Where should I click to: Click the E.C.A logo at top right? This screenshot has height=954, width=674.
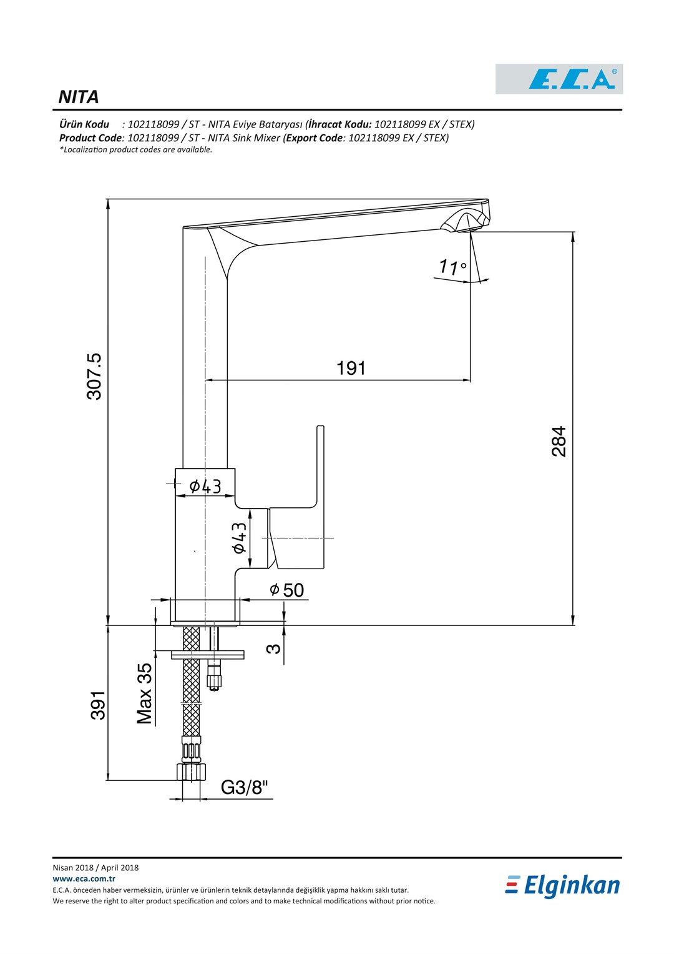click(x=559, y=79)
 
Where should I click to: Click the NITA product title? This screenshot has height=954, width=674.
click(x=78, y=97)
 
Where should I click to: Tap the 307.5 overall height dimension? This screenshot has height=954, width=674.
click(x=94, y=377)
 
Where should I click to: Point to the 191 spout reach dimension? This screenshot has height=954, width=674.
click(x=351, y=368)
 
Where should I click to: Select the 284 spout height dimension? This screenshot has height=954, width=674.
click(x=559, y=441)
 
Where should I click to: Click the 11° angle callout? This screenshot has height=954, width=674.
click(x=452, y=267)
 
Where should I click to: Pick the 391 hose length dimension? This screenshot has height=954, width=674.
click(x=99, y=705)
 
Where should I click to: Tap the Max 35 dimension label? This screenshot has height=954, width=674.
click(x=145, y=693)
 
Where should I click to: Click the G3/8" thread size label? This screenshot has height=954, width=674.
click(x=245, y=787)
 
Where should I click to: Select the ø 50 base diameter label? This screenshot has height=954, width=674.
click(x=287, y=590)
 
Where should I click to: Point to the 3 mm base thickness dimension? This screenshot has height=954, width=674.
click(x=273, y=648)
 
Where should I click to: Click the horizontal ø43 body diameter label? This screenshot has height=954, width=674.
click(x=205, y=486)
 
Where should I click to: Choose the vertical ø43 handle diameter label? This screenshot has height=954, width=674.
click(x=240, y=537)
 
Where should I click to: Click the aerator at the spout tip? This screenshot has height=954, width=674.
click(x=466, y=221)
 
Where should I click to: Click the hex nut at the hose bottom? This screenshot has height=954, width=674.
click(x=192, y=772)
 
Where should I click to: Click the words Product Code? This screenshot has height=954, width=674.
click(x=90, y=138)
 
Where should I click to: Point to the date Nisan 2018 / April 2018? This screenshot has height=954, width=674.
click(x=95, y=868)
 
